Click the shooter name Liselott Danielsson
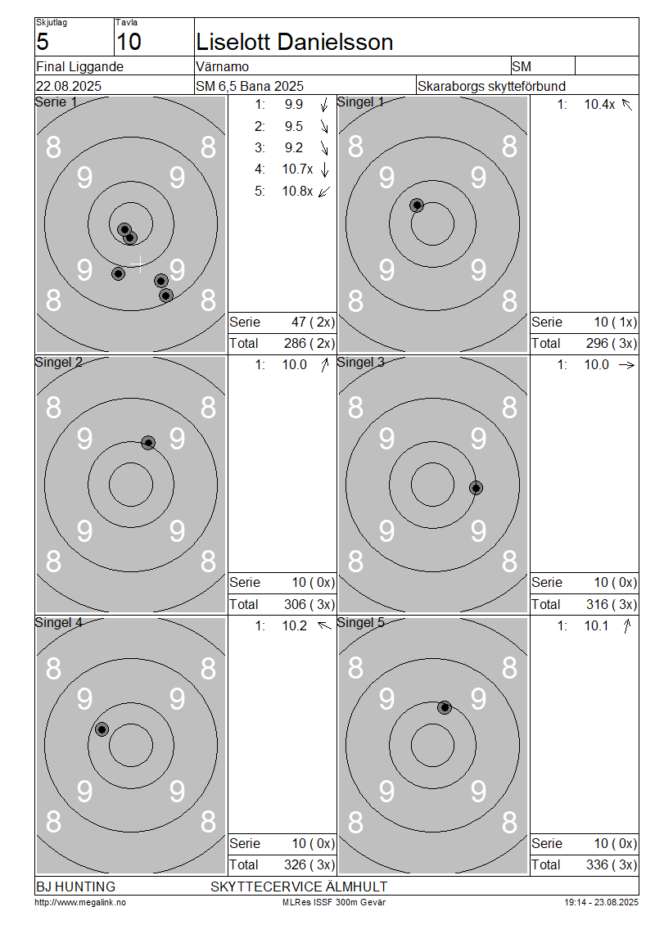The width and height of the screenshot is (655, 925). point(295,42)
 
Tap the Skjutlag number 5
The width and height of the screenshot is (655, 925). point(43,42)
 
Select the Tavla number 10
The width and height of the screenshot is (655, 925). point(129,42)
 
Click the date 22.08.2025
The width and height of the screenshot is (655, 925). point(69,86)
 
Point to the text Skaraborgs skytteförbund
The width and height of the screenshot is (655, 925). point(491,86)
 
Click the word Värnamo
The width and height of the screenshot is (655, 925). point(223,66)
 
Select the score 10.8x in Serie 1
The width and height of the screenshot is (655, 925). point(297,191)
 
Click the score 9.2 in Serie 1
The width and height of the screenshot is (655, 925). point(294,147)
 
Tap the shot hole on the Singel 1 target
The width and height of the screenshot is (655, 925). point(418,205)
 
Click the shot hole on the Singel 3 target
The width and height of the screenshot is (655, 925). point(477,488)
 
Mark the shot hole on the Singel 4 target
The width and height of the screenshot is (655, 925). point(102,729)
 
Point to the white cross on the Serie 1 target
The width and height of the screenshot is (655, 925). point(139,264)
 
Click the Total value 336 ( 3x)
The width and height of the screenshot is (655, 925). point(612,864)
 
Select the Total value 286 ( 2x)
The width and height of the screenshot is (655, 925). point(309,343)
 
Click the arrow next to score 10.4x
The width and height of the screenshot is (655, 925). point(626,105)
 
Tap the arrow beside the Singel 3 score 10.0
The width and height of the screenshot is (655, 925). point(626,365)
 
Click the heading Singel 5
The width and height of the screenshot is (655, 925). point(360,622)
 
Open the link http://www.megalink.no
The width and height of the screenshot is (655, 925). point(80,902)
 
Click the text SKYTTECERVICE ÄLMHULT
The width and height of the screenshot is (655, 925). point(299,887)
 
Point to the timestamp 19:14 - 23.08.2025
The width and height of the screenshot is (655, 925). point(601,902)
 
